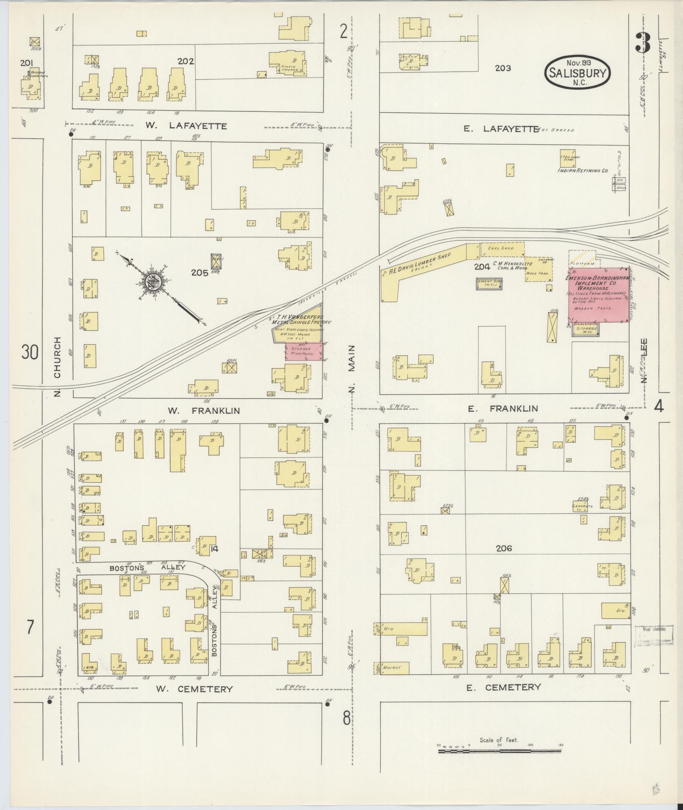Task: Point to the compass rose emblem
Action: pyautogui.click(x=152, y=282)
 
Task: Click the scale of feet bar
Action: pyautogui.click(x=500, y=455)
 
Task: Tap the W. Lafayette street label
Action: pyautogui.click(x=186, y=126)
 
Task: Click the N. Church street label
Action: pyautogui.click(x=58, y=366)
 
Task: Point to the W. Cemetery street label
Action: pyautogui.click(x=194, y=689)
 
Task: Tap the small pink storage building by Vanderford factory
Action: pyautogui.click(x=302, y=351)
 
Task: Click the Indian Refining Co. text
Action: pyautogui.click(x=582, y=171)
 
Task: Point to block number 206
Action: pyautogui.click(x=503, y=548)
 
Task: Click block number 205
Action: pyautogui.click(x=199, y=273)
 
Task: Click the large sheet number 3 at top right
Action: pyautogui.click(x=643, y=42)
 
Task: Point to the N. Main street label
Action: pyautogui.click(x=353, y=368)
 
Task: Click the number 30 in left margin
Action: pyautogui.click(x=30, y=352)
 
